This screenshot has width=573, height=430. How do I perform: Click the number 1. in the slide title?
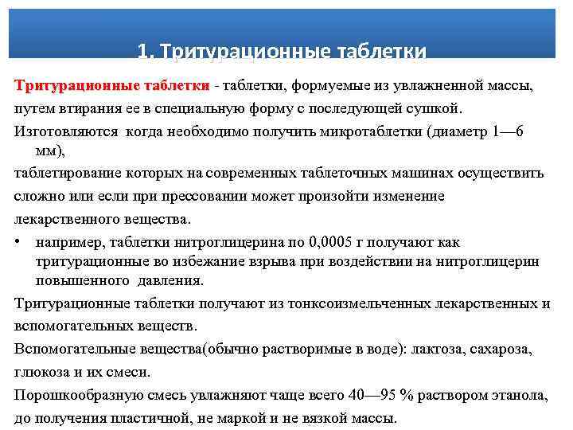coord(145,52)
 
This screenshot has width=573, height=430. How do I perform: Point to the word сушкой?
coord(439,107)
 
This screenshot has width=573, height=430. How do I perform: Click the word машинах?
coord(414,172)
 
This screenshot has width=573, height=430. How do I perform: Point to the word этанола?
coord(522,394)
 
